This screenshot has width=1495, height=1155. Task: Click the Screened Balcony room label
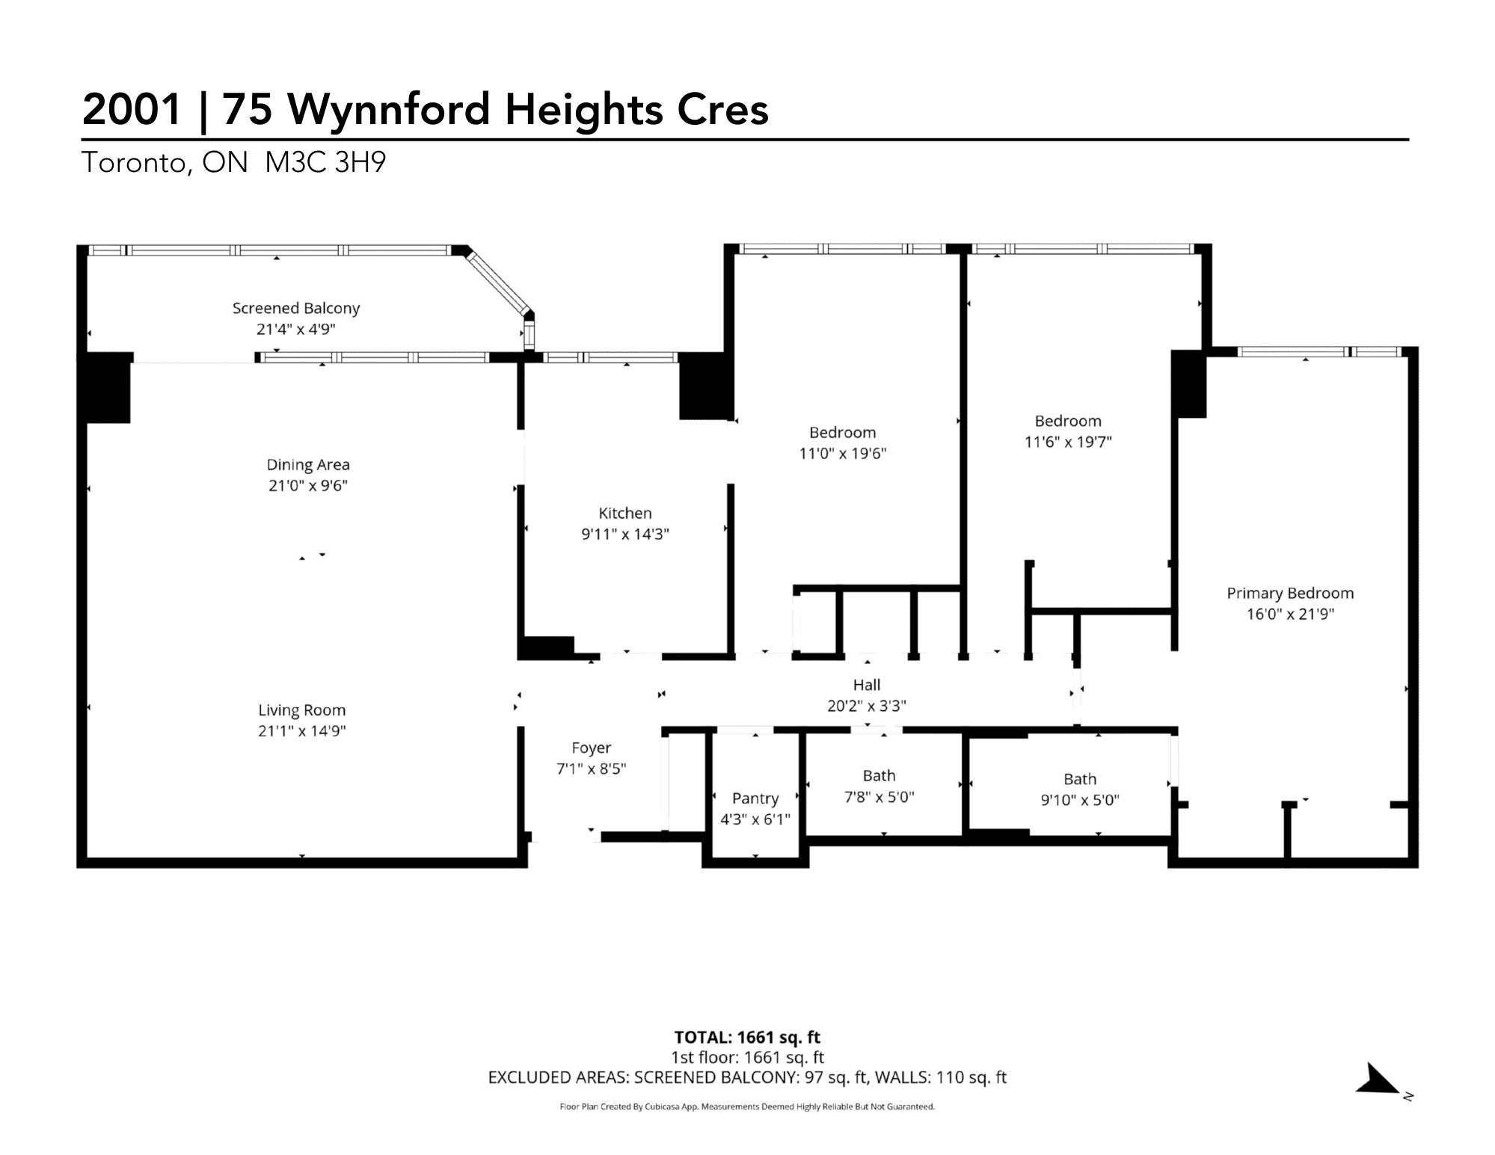click(296, 308)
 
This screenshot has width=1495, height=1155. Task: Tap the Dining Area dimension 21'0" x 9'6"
click(308, 486)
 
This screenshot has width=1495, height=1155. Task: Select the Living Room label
click(302, 710)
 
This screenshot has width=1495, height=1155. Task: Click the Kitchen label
click(625, 513)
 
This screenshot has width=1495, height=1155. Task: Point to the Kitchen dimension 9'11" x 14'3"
click(625, 534)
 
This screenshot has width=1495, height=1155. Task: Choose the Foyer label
click(592, 748)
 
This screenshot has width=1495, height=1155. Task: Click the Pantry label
click(755, 798)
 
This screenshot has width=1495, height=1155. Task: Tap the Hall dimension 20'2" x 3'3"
click(867, 706)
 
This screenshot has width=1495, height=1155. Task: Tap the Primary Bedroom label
click(1290, 594)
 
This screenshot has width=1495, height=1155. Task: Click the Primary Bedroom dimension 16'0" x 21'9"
click(1290, 615)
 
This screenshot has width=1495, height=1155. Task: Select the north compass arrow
click(1378, 1079)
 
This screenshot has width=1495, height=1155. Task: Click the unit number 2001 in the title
click(132, 109)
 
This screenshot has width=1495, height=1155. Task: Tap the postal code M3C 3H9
click(325, 162)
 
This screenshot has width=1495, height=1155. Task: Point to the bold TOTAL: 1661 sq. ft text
click(747, 1037)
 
